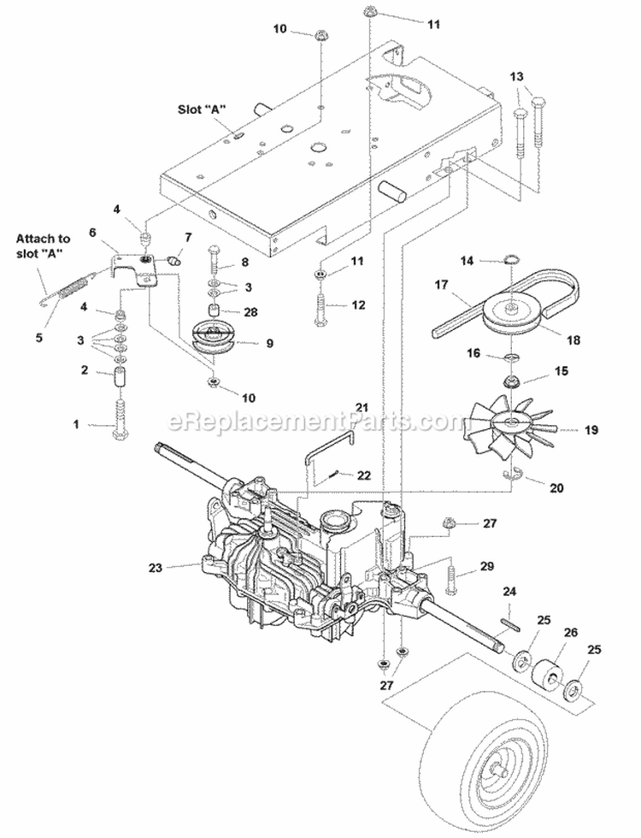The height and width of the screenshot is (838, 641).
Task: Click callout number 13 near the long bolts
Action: click(516, 78)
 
